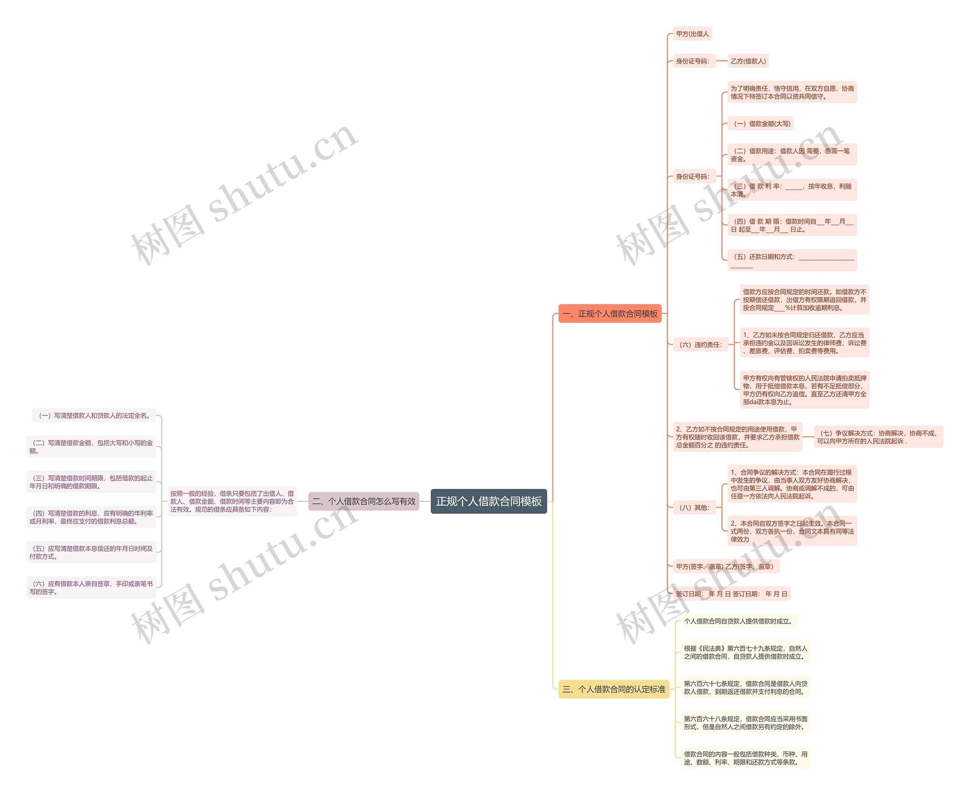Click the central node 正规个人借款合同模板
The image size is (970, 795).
coord(488,501)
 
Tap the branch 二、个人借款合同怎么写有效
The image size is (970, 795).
coord(363,501)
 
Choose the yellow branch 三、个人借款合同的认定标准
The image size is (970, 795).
coord(613,689)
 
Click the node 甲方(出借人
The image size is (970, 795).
coord(692,34)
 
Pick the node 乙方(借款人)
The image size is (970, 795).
coord(748,61)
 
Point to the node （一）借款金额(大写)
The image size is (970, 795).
coord(760,123)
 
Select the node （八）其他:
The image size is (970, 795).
coord(694,508)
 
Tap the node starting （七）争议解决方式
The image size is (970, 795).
coord(878,437)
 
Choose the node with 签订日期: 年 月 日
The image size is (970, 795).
coord(731,594)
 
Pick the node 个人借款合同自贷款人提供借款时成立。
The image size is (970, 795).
coord(738,621)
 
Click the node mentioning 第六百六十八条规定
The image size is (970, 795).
coord(745,723)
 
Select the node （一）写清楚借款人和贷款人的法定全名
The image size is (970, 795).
coord(94,415)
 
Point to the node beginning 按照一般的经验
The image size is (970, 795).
coord(232,501)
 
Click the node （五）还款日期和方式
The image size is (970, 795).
coord(792,261)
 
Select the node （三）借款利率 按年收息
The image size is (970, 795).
coord(792,190)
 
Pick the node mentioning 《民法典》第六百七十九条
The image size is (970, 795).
coord(745,652)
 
